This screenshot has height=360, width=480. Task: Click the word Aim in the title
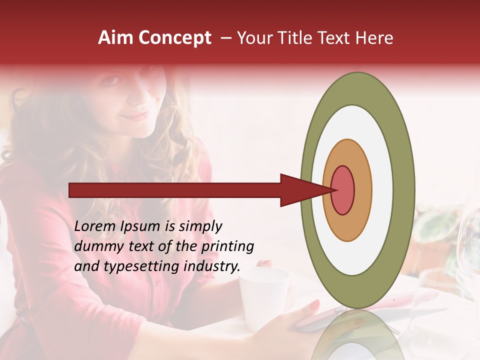(x=115, y=38)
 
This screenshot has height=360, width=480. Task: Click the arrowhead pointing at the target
(x=300, y=190)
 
